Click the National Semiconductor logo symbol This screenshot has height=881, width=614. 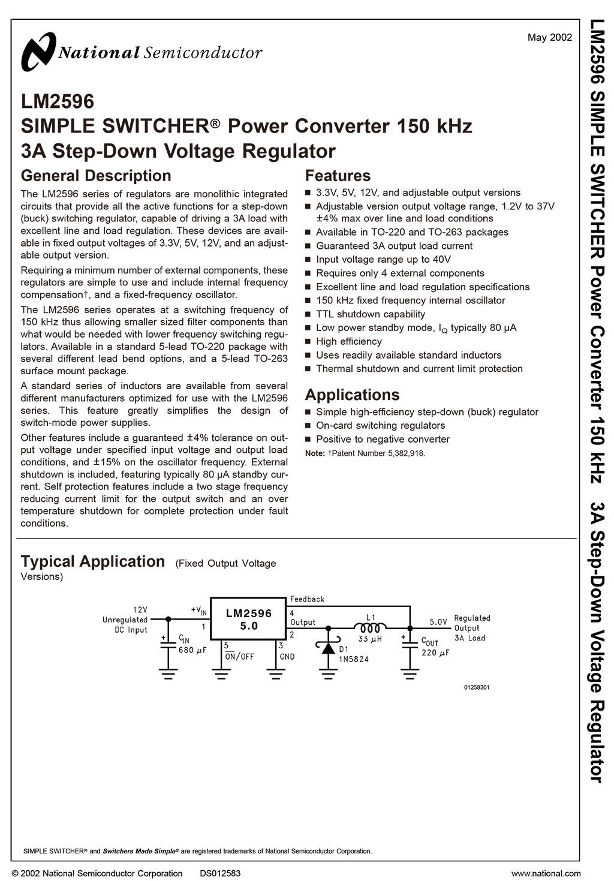coord(38,52)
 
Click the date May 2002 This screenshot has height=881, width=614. coord(549,38)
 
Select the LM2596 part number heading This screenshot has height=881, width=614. coord(58,101)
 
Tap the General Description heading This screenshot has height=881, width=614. coord(96,176)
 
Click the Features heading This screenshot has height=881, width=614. coord(338,176)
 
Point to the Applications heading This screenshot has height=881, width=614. coord(352,395)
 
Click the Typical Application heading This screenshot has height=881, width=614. coord(93,561)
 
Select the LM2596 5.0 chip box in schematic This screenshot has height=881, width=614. coord(248,619)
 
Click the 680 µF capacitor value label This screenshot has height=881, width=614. coord(192,650)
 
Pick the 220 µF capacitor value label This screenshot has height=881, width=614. coord(435,653)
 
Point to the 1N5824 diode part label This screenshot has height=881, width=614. coord(354,659)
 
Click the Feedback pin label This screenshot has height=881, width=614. coord(307,599)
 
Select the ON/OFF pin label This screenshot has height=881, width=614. coord(239,657)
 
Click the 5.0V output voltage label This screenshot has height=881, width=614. coord(438,622)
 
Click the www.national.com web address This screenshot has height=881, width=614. coord(546,873)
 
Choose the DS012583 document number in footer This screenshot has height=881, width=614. coord(220,873)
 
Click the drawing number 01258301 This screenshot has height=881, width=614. coord(477,687)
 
